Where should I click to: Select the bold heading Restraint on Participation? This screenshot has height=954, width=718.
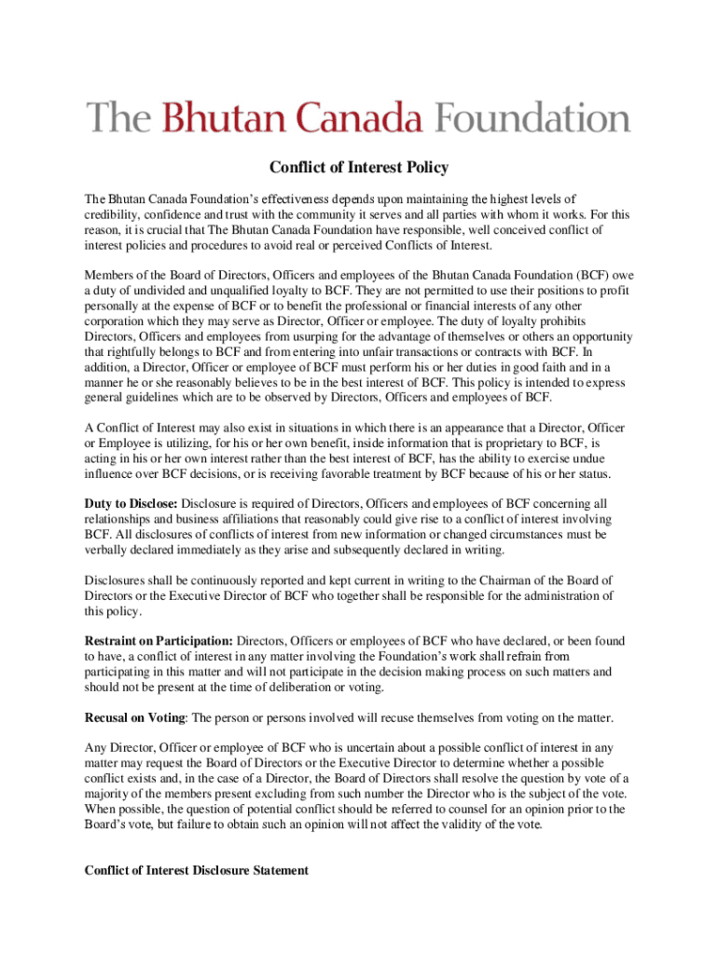coord(159,641)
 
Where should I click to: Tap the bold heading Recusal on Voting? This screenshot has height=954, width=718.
coord(135,717)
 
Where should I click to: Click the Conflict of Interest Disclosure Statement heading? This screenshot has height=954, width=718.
coord(197,870)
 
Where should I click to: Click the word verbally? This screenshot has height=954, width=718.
coord(108,550)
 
